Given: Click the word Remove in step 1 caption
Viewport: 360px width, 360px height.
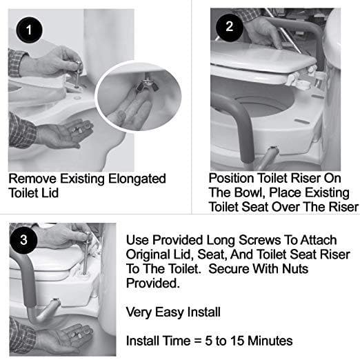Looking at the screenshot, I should coord(32,179).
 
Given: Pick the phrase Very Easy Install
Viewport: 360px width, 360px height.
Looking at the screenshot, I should coord(172,312).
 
